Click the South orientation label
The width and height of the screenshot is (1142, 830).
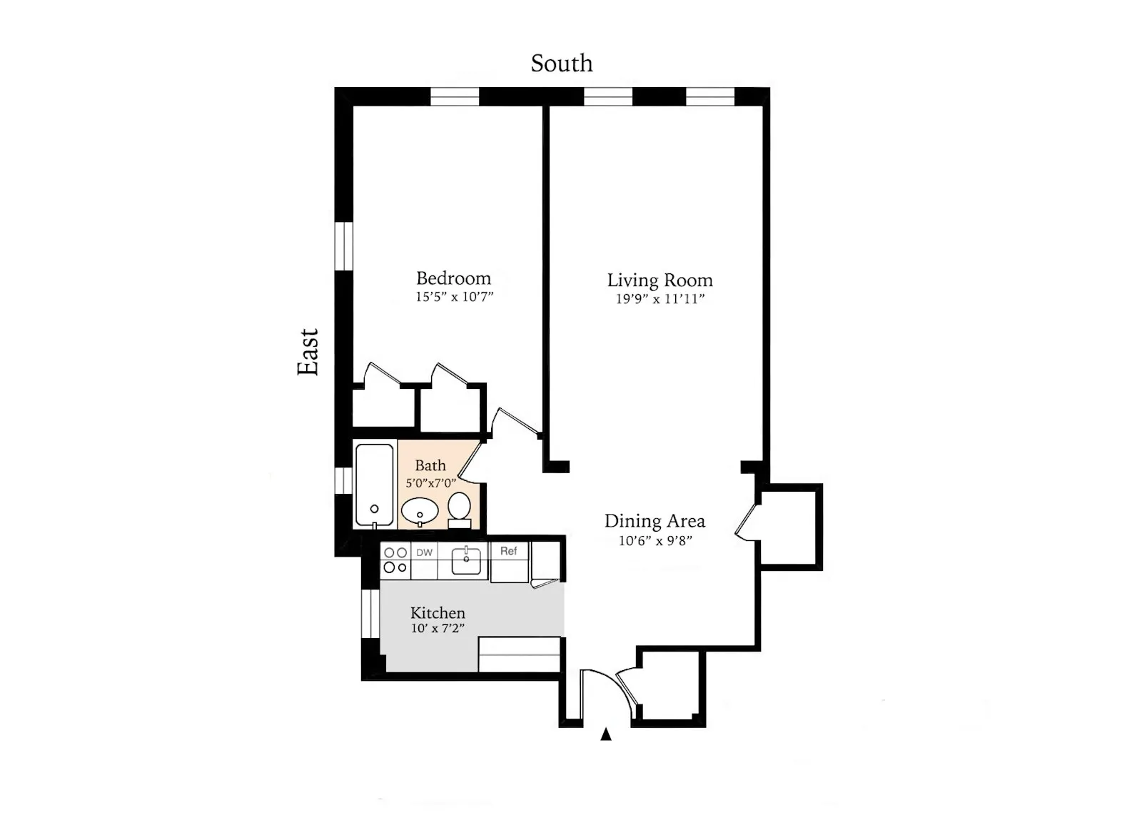coord(561,64)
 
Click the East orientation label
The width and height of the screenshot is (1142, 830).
coord(308,352)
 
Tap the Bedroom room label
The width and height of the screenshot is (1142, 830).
coord(453,278)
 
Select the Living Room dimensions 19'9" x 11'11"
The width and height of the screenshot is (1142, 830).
coord(660,299)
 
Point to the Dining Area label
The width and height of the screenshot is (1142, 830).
coord(655,521)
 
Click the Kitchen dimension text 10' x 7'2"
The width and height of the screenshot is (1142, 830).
coord(438,629)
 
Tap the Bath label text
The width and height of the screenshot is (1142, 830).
coord(430,465)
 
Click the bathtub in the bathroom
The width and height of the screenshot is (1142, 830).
coord(374,485)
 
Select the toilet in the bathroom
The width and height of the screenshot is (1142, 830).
coord(459,507)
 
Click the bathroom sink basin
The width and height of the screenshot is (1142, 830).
coord(420,511)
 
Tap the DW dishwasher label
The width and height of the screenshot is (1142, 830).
coord(425,552)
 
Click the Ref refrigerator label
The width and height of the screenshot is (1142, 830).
coord(508,551)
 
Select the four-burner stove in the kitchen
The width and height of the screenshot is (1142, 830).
coord(395,560)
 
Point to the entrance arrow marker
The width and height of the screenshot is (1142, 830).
coord(606,734)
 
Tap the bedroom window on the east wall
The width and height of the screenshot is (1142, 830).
coord(344,246)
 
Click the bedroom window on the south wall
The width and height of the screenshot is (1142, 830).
coord(455,96)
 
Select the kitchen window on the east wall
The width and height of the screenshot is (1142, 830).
coord(370,614)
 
